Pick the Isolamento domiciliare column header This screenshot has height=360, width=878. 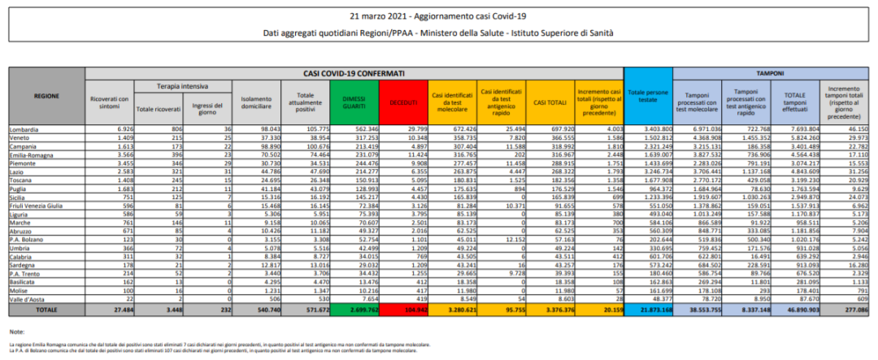pos(257,102)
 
